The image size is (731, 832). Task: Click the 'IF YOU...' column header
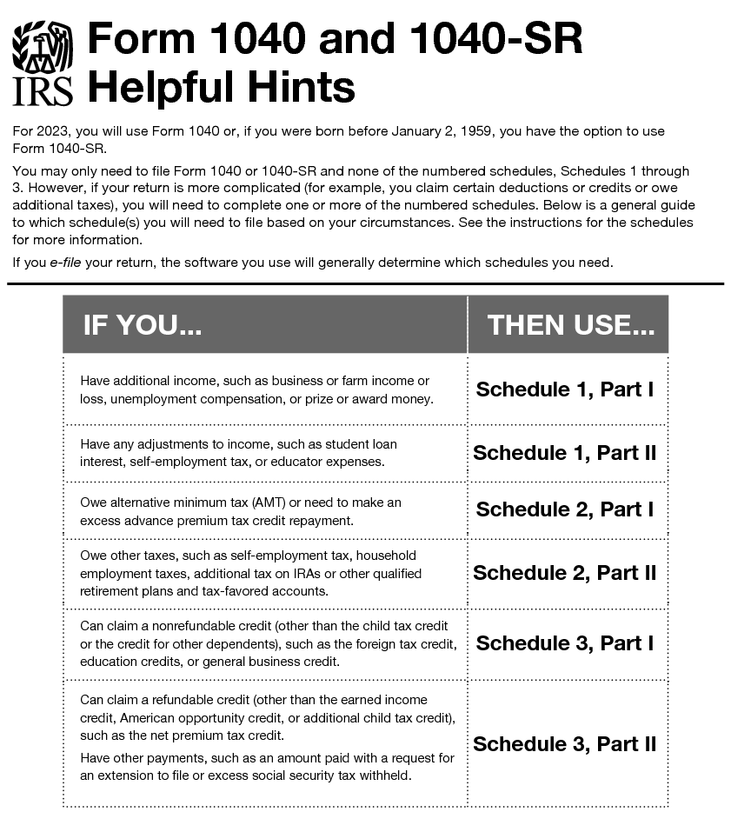pyautogui.click(x=143, y=325)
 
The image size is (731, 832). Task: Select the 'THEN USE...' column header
pyautogui.click(x=570, y=325)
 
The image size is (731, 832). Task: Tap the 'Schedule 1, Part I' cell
pyautogui.click(x=565, y=389)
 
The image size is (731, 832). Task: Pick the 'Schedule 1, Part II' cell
pyautogui.click(x=565, y=453)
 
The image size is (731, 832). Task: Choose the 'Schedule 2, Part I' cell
pyautogui.click(x=565, y=509)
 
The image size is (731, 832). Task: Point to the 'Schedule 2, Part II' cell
pyautogui.click(x=565, y=573)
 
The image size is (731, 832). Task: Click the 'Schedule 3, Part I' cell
pyautogui.click(x=565, y=643)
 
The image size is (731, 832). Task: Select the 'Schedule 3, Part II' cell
pyautogui.click(x=565, y=744)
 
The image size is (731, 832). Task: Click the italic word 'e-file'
pyautogui.click(x=66, y=262)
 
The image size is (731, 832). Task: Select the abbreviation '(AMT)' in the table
pyautogui.click(x=247, y=503)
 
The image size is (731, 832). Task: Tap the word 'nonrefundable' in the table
pyautogui.click(x=196, y=626)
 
